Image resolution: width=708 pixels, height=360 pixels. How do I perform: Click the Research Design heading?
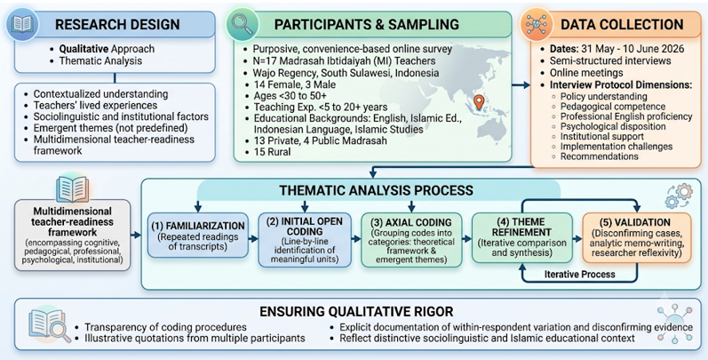pyautogui.click(x=117, y=24)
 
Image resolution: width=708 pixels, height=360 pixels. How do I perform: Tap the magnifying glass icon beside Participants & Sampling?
pyautogui.click(x=243, y=24)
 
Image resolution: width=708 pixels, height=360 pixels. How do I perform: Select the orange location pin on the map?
pyautogui.click(x=479, y=102)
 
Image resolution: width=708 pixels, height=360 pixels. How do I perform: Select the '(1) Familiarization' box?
pyautogui.click(x=198, y=235)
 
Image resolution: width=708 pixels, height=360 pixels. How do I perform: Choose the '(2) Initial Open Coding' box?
pyautogui.click(x=305, y=239)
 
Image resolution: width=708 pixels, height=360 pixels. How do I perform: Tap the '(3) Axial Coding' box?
pyautogui.click(x=411, y=239)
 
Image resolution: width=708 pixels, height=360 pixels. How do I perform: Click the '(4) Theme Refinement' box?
pyautogui.click(x=522, y=237)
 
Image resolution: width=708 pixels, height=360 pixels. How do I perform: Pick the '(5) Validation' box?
pyautogui.click(x=637, y=237)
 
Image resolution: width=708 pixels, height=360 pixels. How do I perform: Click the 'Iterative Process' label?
pyautogui.click(x=579, y=274)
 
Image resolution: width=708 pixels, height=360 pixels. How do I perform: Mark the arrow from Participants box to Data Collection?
pyautogui.click(x=521, y=85)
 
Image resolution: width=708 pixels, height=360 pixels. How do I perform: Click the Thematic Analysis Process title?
pyautogui.click(x=376, y=189)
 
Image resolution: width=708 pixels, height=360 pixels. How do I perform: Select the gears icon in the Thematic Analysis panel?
pyautogui.click(x=678, y=196)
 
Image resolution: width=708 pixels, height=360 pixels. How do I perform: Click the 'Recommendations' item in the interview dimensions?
pyautogui.click(x=600, y=156)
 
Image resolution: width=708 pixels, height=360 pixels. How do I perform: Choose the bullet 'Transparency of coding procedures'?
pyautogui.click(x=165, y=326)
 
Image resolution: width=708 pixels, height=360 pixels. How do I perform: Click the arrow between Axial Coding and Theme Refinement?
pyautogui.click(x=466, y=238)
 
